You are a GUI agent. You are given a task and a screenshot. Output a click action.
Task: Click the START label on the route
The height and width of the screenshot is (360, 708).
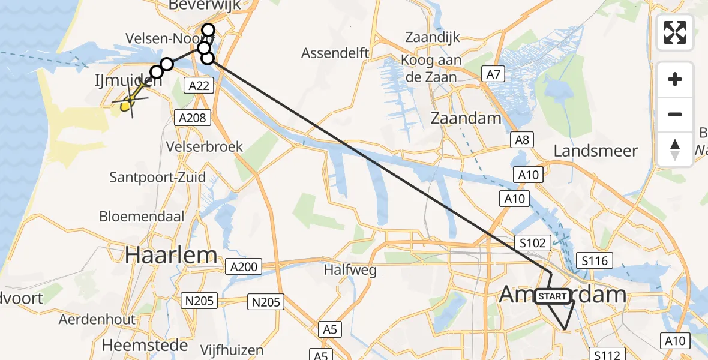pyautogui.click(x=552, y=296)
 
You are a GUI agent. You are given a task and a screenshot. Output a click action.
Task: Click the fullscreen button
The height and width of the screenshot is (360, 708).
pyautogui.click(x=675, y=32)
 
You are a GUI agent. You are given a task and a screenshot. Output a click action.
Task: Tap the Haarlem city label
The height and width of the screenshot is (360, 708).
pyautogui.click(x=171, y=255)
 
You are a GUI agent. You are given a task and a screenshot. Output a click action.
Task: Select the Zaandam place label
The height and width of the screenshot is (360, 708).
pyautogui.click(x=466, y=118)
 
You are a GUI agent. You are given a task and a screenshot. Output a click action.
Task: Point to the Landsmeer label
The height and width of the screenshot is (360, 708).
pyautogui.click(x=595, y=151)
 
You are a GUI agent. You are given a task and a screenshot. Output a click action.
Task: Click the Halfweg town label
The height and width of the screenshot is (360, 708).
pyautogui.click(x=350, y=270)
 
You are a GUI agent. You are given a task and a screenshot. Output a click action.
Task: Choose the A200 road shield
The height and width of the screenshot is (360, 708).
pyautogui.click(x=242, y=266)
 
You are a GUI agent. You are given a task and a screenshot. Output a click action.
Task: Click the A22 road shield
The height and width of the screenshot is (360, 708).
pyautogui.click(x=199, y=86)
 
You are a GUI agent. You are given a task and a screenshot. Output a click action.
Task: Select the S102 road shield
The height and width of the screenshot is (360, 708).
pyautogui.click(x=533, y=243)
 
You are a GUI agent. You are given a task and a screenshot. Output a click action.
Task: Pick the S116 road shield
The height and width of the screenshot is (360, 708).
pyautogui.click(x=595, y=260)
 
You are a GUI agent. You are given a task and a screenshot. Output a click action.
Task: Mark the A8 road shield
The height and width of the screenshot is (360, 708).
pyautogui.click(x=522, y=140)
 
